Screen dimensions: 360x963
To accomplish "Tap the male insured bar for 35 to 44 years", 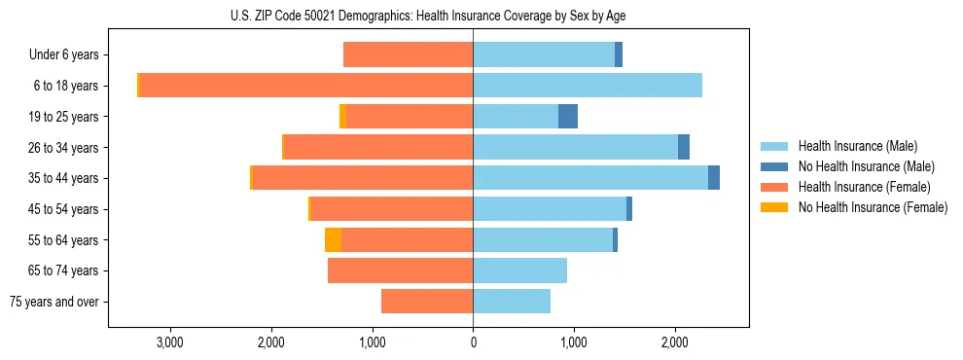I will point(590,178).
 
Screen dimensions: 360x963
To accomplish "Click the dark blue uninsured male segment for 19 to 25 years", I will point(568,117).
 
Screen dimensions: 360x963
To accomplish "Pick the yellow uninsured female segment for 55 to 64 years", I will point(333,240).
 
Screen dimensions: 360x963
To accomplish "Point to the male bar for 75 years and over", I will point(512,302).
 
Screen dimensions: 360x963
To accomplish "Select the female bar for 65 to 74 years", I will point(400,270).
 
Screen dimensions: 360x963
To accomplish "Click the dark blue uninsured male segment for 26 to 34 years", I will point(684,148).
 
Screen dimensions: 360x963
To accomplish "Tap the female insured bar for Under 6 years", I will point(409,55).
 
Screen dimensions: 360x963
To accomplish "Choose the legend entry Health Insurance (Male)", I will point(857,146).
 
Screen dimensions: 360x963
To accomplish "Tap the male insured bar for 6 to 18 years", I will point(588,86).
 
